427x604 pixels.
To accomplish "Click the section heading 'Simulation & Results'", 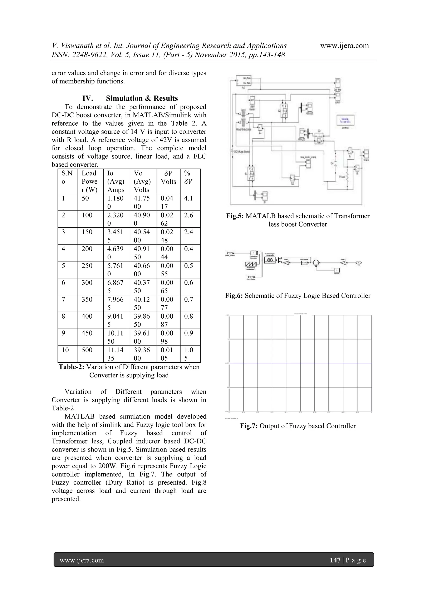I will point(142,98).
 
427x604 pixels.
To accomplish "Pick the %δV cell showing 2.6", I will point(188,215).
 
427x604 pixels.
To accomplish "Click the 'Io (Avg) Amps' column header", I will point(116,181).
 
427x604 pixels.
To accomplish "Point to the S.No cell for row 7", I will point(63,299).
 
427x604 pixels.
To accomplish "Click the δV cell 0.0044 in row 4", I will point(167,253).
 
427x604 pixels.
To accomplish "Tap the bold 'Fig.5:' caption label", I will point(235,216).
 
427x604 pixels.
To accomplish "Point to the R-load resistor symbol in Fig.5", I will point(347,177).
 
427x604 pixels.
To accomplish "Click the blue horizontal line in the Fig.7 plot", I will point(300,363).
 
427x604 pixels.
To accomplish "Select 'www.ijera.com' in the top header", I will point(344,46).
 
